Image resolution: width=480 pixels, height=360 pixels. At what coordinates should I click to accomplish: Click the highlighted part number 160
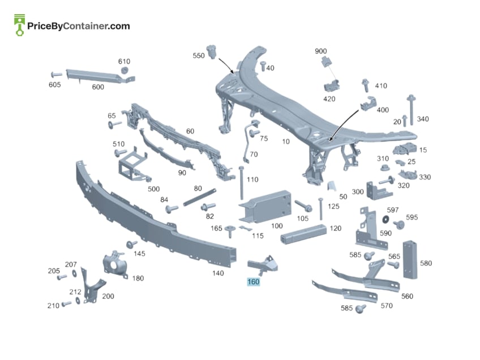(x=254, y=282)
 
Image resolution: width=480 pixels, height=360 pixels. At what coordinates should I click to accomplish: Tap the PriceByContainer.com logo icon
(x=20, y=25)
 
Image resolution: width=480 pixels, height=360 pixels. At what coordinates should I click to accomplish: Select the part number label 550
(x=198, y=55)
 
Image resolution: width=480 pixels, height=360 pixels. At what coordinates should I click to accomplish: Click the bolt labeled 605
(x=56, y=74)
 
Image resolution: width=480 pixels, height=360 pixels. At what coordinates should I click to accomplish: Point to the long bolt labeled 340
(x=411, y=110)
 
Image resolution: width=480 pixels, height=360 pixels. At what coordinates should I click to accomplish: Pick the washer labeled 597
(x=385, y=219)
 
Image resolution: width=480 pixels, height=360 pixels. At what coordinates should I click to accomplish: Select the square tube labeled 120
(x=303, y=234)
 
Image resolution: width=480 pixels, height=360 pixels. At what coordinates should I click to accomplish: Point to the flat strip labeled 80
(x=200, y=198)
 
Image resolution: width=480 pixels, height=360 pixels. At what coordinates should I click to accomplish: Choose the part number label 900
(x=320, y=51)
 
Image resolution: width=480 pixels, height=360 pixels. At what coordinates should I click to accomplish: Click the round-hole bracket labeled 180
(x=115, y=265)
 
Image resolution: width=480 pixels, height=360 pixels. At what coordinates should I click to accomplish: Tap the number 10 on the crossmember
(x=286, y=142)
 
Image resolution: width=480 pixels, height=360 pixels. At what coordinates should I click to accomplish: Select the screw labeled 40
(x=263, y=66)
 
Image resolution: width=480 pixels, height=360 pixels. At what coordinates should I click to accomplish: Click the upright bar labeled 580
(x=410, y=260)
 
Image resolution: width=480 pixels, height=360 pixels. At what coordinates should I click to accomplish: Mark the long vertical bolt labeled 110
(x=241, y=183)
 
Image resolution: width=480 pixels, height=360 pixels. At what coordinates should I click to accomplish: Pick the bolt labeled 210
(x=66, y=304)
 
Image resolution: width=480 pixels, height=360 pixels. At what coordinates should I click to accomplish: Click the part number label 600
(x=98, y=87)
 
